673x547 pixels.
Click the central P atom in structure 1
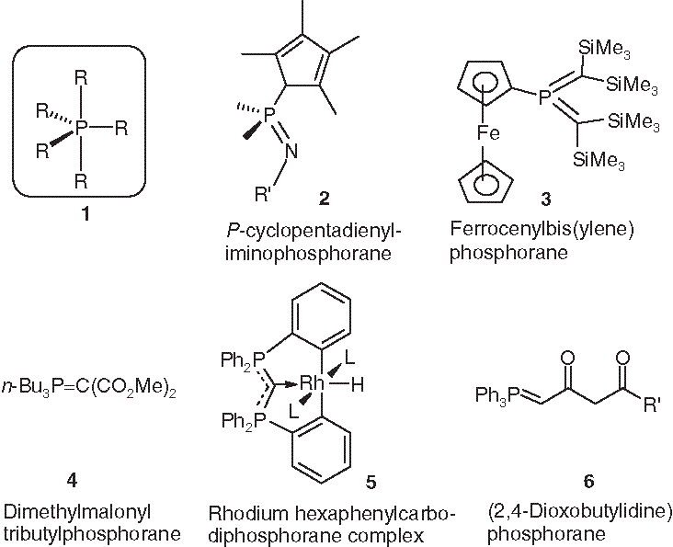[x=81, y=130]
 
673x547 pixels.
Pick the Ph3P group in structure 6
[x=496, y=396]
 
